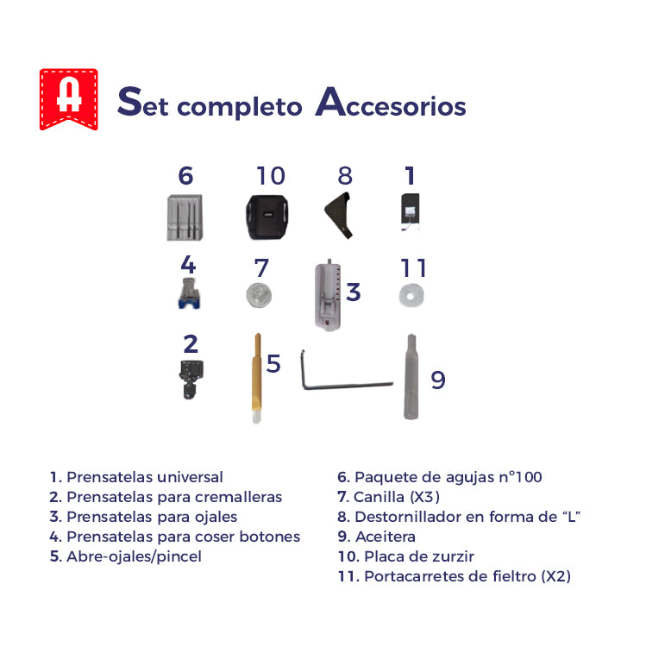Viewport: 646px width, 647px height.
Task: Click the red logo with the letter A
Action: [x=68, y=98]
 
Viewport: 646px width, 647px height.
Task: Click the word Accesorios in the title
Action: [x=391, y=104]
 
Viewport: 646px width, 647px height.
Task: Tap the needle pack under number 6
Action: [x=185, y=217]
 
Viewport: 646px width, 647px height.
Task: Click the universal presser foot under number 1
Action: [x=410, y=212]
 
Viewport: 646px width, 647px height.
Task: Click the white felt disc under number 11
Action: [x=411, y=295]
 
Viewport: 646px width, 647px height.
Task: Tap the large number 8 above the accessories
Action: [x=345, y=176]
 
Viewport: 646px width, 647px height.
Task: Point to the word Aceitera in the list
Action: [x=385, y=537]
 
